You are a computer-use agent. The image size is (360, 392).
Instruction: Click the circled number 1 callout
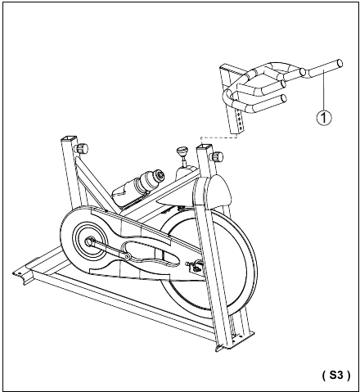click(324, 118)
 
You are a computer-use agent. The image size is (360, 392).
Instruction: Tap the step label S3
click(336, 375)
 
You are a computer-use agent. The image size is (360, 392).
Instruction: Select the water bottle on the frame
click(138, 185)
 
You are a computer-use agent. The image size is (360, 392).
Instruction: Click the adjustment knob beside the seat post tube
click(81, 149)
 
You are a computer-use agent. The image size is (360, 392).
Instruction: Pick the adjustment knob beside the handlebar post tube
click(217, 156)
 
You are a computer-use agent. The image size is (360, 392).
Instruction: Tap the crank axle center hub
click(89, 241)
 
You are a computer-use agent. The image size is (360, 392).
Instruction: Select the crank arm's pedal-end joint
click(126, 257)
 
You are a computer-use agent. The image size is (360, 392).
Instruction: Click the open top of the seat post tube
click(68, 138)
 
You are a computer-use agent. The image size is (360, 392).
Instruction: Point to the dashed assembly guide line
click(218, 137)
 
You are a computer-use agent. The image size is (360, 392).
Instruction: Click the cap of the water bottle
click(159, 174)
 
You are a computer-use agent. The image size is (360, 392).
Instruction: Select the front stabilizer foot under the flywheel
click(235, 341)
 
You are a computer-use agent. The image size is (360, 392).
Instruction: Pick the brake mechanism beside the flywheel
click(196, 267)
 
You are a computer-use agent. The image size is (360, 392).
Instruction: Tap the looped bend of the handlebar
click(227, 96)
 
